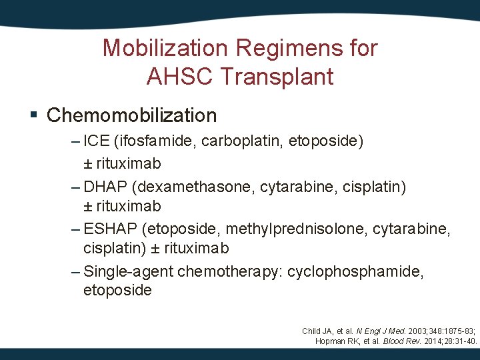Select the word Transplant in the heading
click(275, 77)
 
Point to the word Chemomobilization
click(132, 115)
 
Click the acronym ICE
click(97, 141)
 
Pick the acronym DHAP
click(103, 185)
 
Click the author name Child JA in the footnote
click(317, 331)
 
